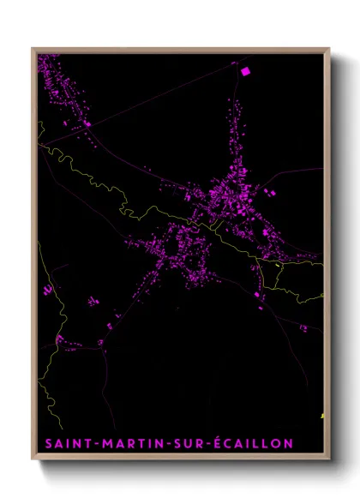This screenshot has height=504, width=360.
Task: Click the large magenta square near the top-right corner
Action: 245,72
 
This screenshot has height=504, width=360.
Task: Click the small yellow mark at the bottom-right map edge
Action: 322,417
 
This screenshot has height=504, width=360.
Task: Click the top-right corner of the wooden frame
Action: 330,48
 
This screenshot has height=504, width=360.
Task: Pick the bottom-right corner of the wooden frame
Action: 330,460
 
